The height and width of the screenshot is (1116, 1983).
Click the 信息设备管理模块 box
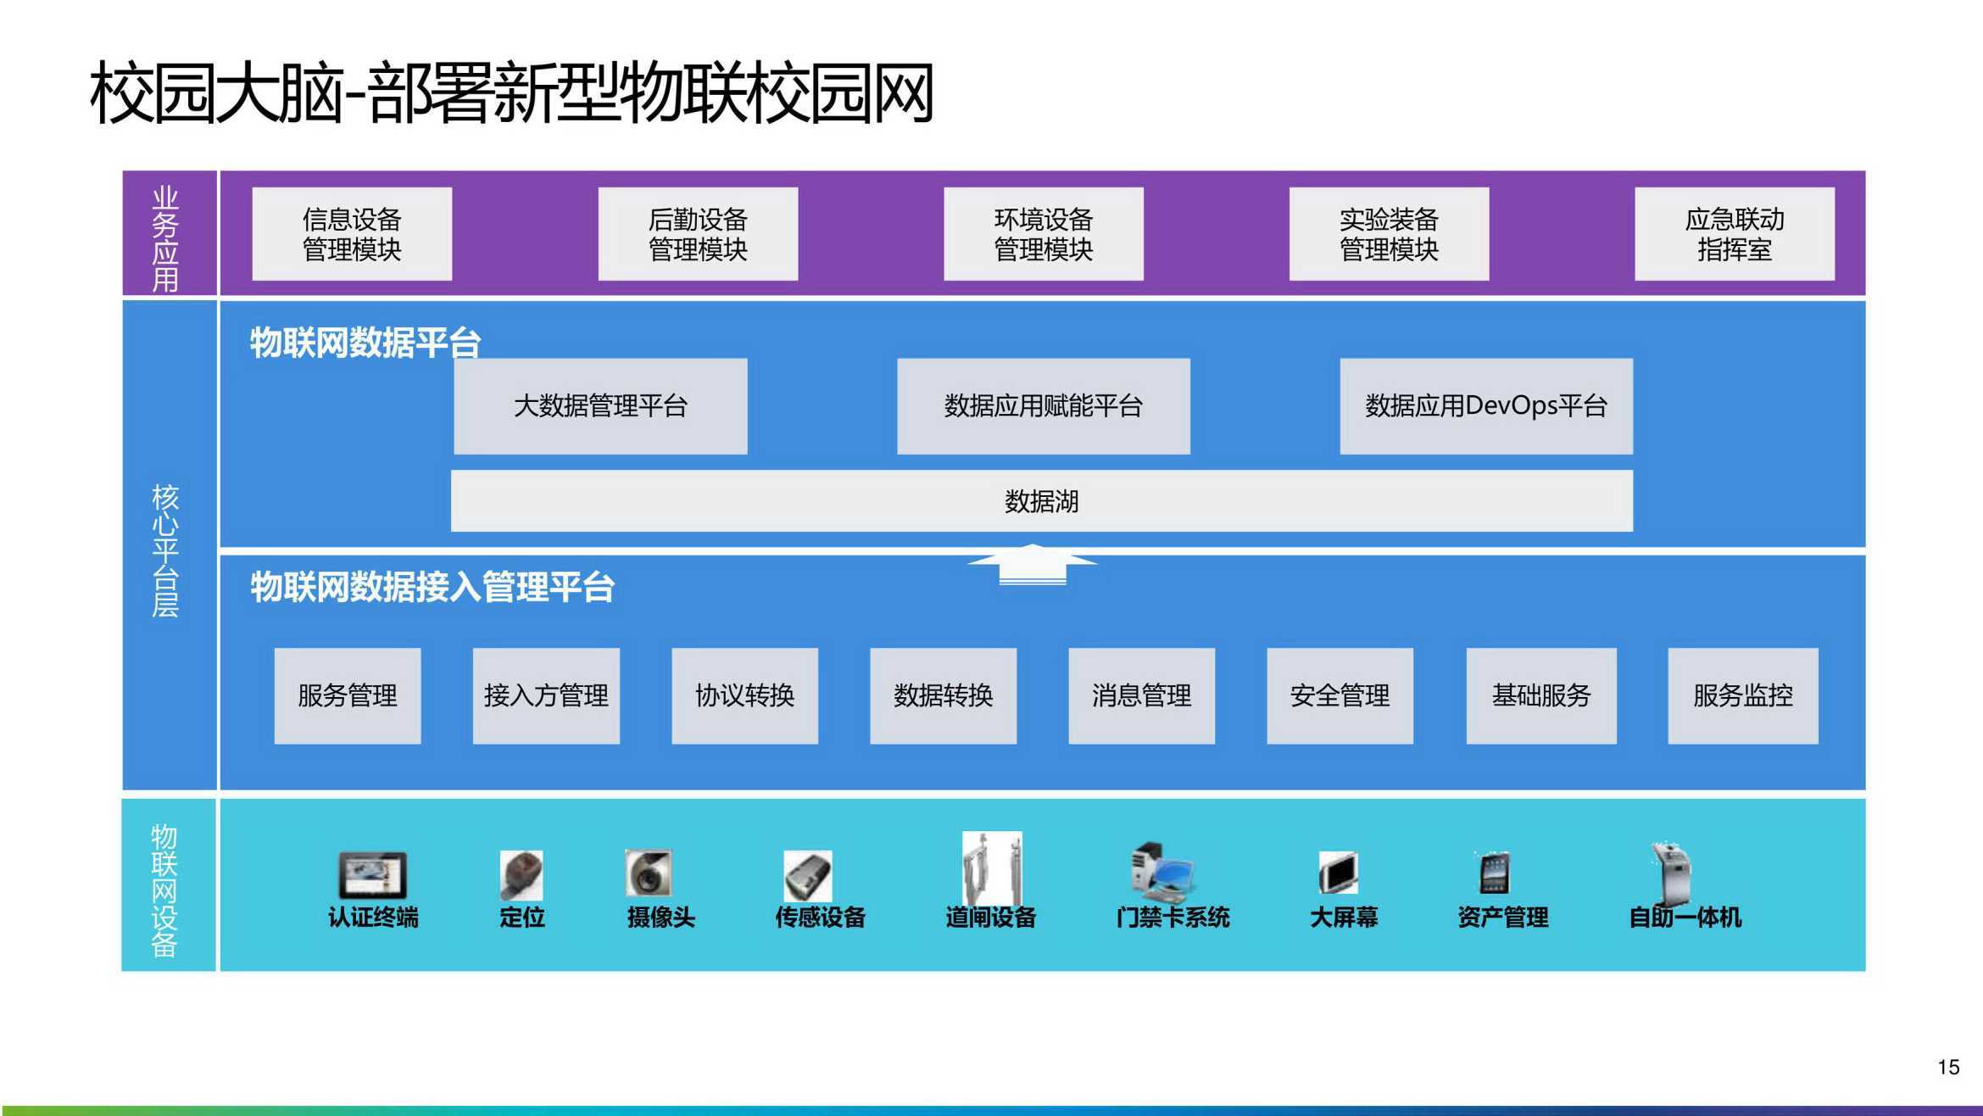(352, 234)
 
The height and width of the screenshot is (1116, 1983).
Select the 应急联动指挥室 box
(1735, 234)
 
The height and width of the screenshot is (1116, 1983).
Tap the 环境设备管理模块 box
(1044, 234)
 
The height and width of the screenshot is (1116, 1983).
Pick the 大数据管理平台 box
(600, 406)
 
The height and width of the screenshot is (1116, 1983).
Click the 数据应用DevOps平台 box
(1486, 406)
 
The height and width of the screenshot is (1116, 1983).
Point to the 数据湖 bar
(1042, 501)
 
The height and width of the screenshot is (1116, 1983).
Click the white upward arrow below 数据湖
(1033, 564)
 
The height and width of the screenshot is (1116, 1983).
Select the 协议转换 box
(744, 696)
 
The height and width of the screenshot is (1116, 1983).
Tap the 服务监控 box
(1743, 696)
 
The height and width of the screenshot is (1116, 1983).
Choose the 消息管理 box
(1141, 696)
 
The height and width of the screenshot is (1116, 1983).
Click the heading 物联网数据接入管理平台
(432, 587)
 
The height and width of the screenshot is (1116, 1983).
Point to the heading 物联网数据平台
(365, 343)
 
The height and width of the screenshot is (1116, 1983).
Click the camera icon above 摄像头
(648, 873)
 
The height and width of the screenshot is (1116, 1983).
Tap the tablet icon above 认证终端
(373, 875)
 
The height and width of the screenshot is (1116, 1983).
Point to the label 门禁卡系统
(1173, 918)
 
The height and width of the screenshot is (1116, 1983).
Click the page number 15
(1948, 1067)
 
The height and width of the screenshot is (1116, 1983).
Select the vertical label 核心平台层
(165, 550)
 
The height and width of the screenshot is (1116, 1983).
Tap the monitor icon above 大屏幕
(1339, 873)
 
